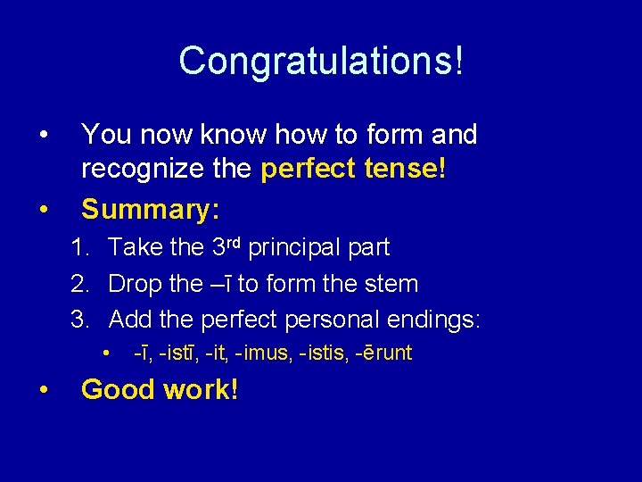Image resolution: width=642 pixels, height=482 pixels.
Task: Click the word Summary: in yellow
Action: pos(151,209)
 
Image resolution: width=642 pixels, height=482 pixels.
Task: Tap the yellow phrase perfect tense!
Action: pos(353,171)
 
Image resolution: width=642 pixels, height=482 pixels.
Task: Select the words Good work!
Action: pos(160,389)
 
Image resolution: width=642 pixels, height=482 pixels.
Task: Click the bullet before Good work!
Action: pos(43,390)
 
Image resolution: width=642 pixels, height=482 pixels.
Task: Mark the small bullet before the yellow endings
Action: pos(106,352)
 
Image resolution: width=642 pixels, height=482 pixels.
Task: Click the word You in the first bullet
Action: pos(102,135)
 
